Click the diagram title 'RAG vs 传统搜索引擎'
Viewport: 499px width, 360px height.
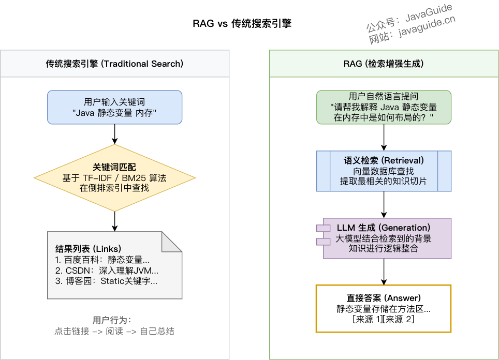point(242,23)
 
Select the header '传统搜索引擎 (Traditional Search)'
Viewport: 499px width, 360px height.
point(114,64)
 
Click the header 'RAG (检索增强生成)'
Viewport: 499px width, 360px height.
point(384,64)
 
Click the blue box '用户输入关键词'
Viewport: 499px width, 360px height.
point(114,107)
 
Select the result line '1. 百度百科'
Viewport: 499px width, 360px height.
point(102,260)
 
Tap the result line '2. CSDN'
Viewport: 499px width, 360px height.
point(107,271)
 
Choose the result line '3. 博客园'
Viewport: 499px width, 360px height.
point(106,281)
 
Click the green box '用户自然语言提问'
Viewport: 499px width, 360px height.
point(384,107)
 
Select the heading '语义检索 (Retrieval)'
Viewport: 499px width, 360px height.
point(384,160)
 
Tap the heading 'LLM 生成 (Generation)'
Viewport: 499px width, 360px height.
point(384,228)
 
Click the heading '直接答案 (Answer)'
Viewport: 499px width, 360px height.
point(384,298)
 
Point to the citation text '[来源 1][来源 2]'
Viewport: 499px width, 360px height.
point(384,320)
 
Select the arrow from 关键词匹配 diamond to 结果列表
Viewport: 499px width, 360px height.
point(114,221)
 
